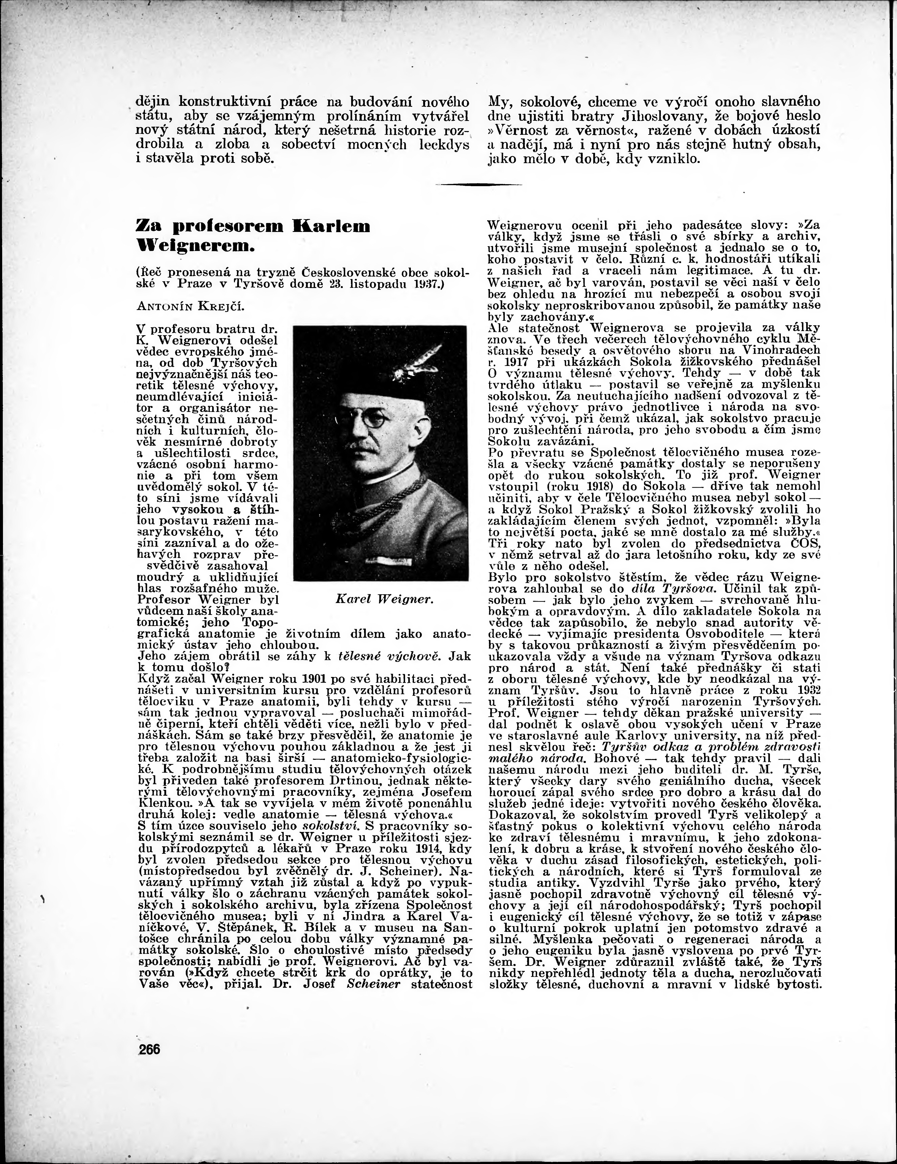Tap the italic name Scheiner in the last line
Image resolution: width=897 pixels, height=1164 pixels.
click(x=373, y=984)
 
